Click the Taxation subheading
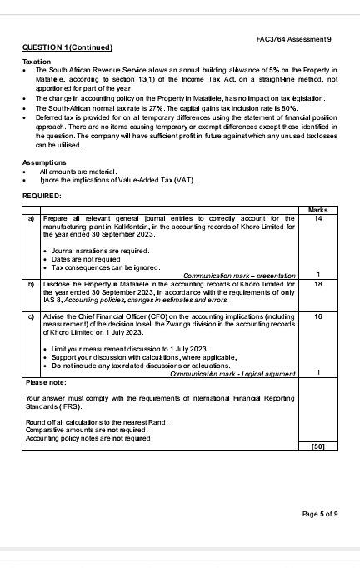coord(37,62)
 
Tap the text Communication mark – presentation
coord(239,275)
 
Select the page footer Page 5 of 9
coord(319,514)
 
